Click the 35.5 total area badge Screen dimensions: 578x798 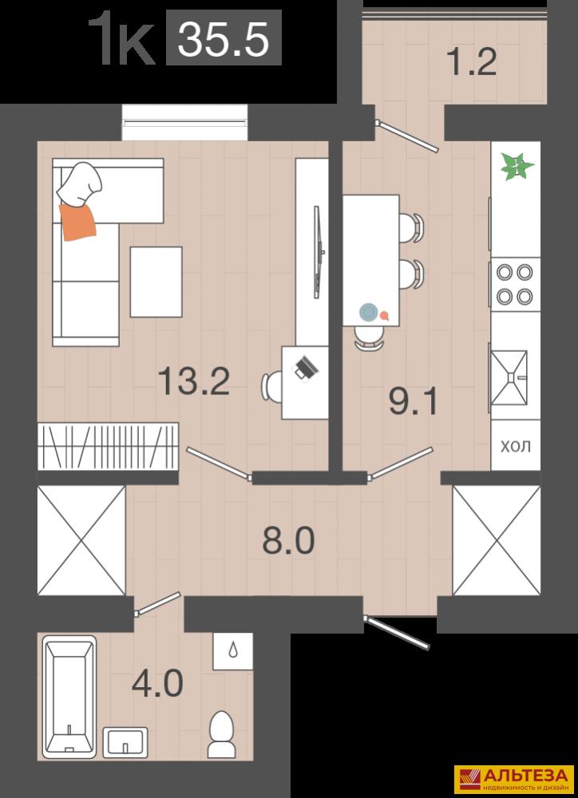point(224,38)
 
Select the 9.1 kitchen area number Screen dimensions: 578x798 point(413,401)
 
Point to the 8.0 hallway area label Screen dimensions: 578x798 point(288,540)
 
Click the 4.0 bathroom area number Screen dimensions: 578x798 point(157,684)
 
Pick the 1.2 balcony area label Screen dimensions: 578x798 point(472,62)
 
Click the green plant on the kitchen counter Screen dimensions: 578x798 point(517,167)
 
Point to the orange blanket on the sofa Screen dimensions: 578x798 point(77,220)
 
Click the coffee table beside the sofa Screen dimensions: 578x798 point(156,282)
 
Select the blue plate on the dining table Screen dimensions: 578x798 point(368,311)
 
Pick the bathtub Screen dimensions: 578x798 point(69,696)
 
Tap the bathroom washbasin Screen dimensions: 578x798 point(125,742)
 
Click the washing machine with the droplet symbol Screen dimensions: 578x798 point(233,651)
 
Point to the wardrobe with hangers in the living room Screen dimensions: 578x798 point(108,446)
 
